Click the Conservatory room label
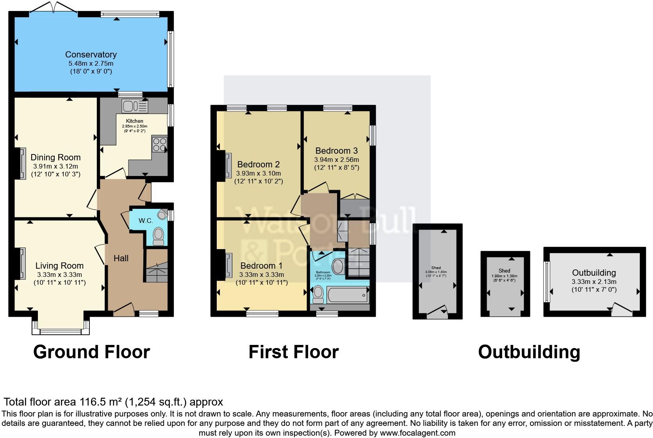coord(91,54)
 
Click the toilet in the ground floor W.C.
coord(159,236)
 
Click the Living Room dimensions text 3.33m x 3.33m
coord(59,275)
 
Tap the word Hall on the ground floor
coord(121,258)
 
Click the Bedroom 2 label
coord(258,164)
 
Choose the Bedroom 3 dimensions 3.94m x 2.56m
coord(336,160)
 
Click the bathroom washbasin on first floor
coord(338,266)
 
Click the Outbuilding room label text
coord(594,273)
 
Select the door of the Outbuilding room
coord(621,309)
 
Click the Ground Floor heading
coord(91,352)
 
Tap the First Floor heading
coord(293,352)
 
